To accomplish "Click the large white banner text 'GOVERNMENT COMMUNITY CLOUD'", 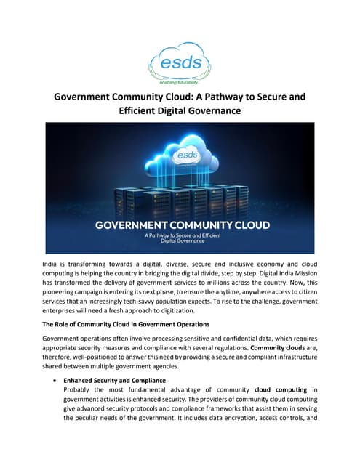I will point(180,226).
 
